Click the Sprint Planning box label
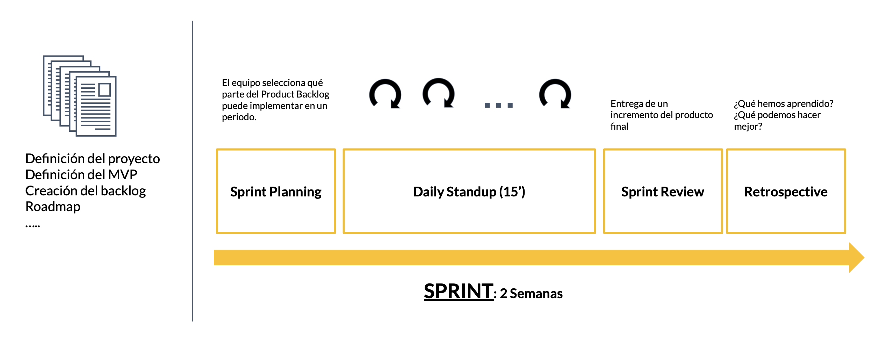pyautogui.click(x=276, y=192)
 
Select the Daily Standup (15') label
pyautogui.click(x=469, y=192)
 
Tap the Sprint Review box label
pyautogui.click(x=663, y=192)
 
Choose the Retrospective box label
pyautogui.click(x=786, y=192)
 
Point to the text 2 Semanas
pyautogui.click(x=531, y=294)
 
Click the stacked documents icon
pyautogui.click(x=80, y=96)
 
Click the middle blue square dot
pyautogui.click(x=499, y=105)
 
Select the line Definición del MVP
pyautogui.click(x=81, y=175)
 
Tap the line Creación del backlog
pyautogui.click(x=86, y=191)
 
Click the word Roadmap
pyautogui.click(x=53, y=207)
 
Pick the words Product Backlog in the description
pyautogui.click(x=295, y=94)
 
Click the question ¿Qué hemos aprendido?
pyautogui.click(x=784, y=104)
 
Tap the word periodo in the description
pyautogui.click(x=239, y=117)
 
